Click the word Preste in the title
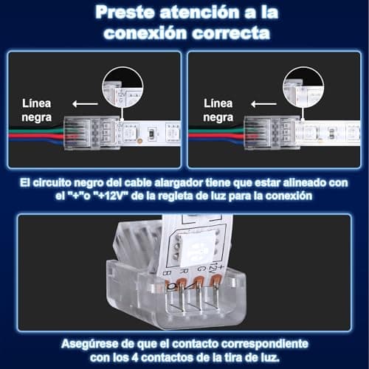pyautogui.click(x=125, y=13)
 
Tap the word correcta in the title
pyautogui.click(x=231, y=33)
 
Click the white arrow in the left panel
pyautogui.click(x=85, y=104)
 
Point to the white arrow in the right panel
pyautogui.click(x=263, y=104)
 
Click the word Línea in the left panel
pyautogui.click(x=37, y=103)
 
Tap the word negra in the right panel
pyautogui.click(x=218, y=117)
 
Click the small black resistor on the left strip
pyautogui.click(x=152, y=133)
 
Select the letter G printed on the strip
pyautogui.click(x=200, y=268)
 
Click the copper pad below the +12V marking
pyautogui.click(x=215, y=281)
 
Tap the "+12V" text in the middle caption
pyautogui.click(x=111, y=196)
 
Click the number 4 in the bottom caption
pyautogui.click(x=135, y=357)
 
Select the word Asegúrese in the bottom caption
pyautogui.click(x=90, y=344)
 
